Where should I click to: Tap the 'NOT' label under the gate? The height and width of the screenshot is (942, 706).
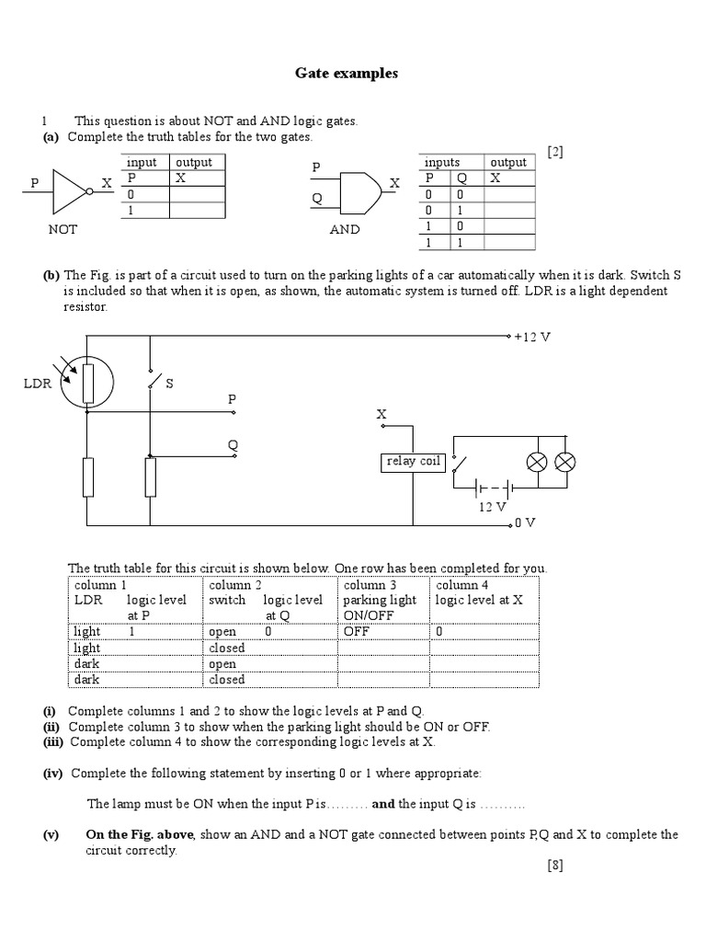(63, 230)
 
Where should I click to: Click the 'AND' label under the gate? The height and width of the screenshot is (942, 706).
(345, 230)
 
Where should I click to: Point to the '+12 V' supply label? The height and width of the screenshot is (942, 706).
(532, 337)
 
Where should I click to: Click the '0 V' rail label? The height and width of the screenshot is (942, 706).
(525, 523)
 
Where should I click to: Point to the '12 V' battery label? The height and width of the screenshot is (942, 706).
(492, 506)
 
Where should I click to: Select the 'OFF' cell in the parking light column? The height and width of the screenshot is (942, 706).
(356, 632)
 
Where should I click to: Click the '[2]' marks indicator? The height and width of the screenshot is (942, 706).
(554, 152)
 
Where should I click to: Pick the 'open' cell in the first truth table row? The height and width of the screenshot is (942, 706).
(222, 632)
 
